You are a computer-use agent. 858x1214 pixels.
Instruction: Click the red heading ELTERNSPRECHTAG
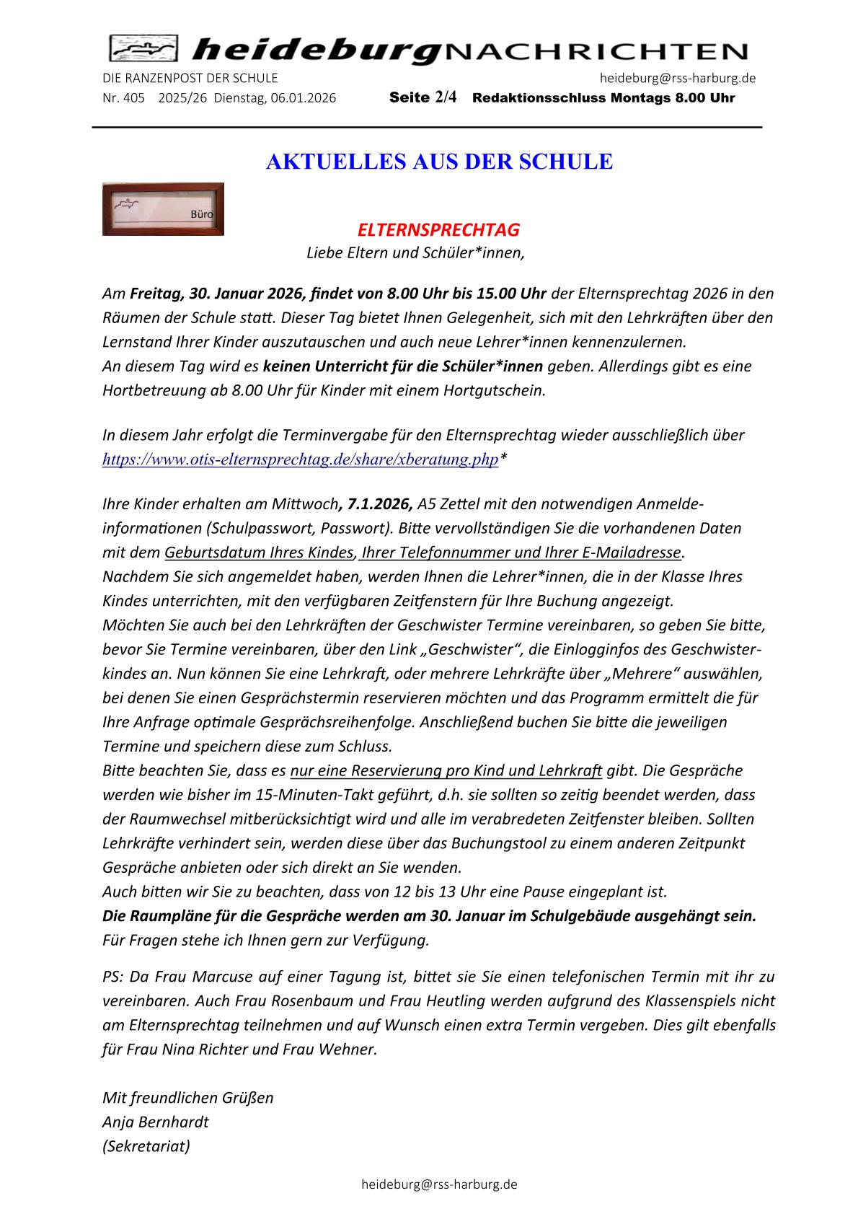[x=438, y=230]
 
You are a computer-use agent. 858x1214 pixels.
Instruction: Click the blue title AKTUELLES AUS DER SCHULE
[x=439, y=162]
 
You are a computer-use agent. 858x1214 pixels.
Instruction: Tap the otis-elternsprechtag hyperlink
[x=301, y=459]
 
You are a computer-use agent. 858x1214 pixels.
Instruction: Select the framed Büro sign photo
[x=163, y=209]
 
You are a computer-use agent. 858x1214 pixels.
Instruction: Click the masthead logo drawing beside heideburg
[x=143, y=49]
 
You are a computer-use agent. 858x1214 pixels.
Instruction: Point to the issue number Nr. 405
[x=124, y=98]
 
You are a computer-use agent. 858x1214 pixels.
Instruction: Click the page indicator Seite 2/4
[x=423, y=97]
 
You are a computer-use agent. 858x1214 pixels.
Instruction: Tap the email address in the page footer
[x=439, y=1184]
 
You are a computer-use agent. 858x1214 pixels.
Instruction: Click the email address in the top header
[x=677, y=78]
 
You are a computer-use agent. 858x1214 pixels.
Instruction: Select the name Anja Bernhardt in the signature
[x=156, y=1122]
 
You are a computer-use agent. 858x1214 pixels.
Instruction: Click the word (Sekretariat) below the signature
[x=146, y=1145]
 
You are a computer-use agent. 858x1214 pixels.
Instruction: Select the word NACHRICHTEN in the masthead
[x=596, y=51]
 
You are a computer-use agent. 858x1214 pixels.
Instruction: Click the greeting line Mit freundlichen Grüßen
[x=188, y=1098]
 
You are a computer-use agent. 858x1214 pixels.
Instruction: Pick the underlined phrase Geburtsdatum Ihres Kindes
[x=260, y=553]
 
